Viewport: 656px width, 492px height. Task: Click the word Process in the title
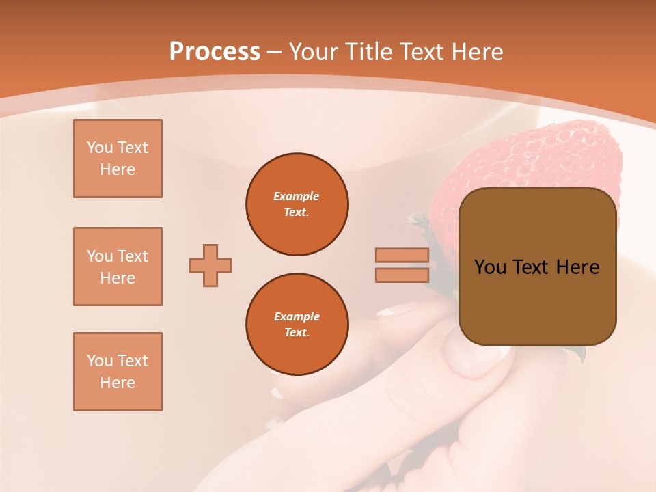tap(215, 51)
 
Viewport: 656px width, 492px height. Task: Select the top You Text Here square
tap(118, 159)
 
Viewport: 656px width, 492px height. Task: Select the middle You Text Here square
tap(118, 266)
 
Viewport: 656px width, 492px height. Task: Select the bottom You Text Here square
tap(118, 372)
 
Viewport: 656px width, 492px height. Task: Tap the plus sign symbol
tap(210, 265)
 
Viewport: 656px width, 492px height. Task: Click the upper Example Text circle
tap(297, 204)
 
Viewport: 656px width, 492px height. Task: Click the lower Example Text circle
tap(297, 325)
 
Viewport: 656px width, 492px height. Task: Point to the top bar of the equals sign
tap(402, 256)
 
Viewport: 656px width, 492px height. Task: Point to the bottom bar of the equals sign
tap(402, 275)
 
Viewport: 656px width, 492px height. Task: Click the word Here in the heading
tap(476, 51)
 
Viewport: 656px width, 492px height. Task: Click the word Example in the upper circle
tap(297, 196)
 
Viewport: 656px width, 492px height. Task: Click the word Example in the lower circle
tap(297, 316)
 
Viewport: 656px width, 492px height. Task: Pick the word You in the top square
tap(100, 148)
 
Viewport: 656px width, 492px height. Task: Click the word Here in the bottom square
tap(118, 383)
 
